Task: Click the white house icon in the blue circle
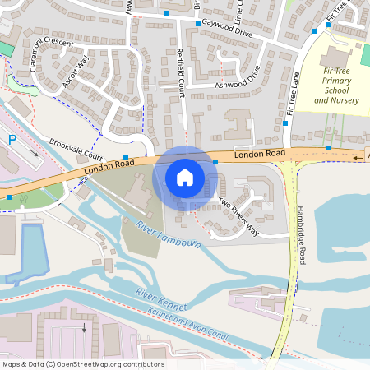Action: (x=185, y=178)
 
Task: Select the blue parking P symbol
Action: (x=12, y=141)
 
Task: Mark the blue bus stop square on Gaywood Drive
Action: (x=197, y=24)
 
